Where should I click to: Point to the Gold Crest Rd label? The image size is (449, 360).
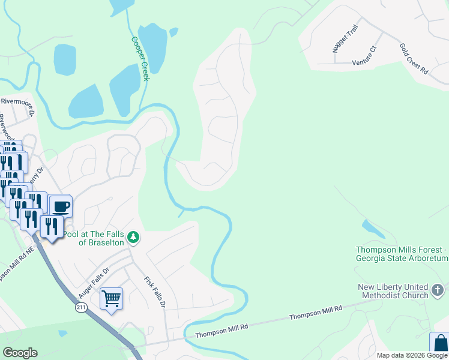pos(414,58)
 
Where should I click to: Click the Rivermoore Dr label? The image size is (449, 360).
pos(17,101)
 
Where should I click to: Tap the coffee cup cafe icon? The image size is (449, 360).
pos(61,207)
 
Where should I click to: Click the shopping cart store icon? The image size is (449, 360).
pos(111,298)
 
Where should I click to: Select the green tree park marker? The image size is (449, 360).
pos(133,238)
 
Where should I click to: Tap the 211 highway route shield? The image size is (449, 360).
pos(80,308)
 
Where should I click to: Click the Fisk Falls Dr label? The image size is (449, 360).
pos(154,292)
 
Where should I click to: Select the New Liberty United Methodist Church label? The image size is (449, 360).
pos(393,291)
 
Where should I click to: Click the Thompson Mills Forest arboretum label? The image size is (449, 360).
pos(402,254)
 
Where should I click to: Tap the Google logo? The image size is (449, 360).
pos(20,353)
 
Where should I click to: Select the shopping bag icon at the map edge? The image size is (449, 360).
pos(439,343)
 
